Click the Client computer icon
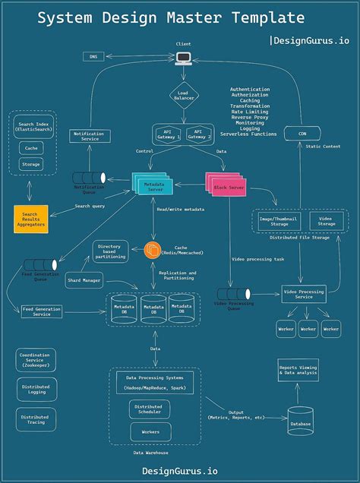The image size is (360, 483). [x=183, y=58]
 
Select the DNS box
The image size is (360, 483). [x=94, y=57]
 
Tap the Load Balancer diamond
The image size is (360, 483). [x=183, y=96]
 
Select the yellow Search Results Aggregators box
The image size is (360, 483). [x=31, y=218]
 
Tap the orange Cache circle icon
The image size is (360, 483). [x=153, y=249]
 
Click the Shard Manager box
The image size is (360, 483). [x=84, y=279]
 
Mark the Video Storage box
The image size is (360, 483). [x=326, y=221]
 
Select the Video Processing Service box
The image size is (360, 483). [x=304, y=294]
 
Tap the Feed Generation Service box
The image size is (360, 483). [x=42, y=311]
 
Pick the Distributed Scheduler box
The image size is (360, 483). [x=149, y=409]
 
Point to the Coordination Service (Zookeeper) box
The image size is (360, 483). [x=36, y=359]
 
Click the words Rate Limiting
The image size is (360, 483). [x=250, y=112]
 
